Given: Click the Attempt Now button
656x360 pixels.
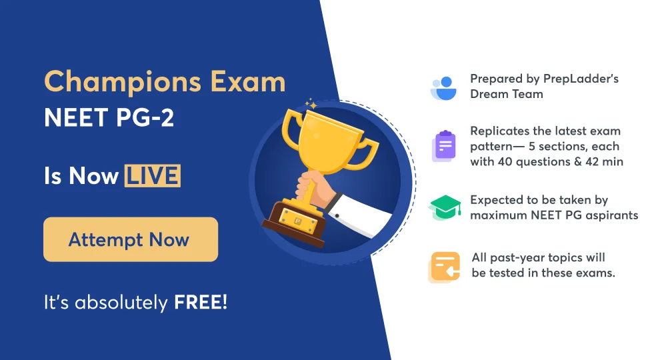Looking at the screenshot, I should [x=131, y=239].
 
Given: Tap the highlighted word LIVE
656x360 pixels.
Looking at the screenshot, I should [x=151, y=176].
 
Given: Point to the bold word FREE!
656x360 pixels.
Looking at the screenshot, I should [x=201, y=302].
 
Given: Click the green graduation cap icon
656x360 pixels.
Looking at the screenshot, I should [x=445, y=208].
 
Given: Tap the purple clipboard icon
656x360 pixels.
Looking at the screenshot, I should [x=444, y=146].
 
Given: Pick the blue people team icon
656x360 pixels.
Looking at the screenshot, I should [x=443, y=87].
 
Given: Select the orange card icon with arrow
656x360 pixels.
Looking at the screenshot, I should [x=444, y=266].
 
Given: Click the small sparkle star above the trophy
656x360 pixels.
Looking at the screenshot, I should [x=309, y=104].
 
